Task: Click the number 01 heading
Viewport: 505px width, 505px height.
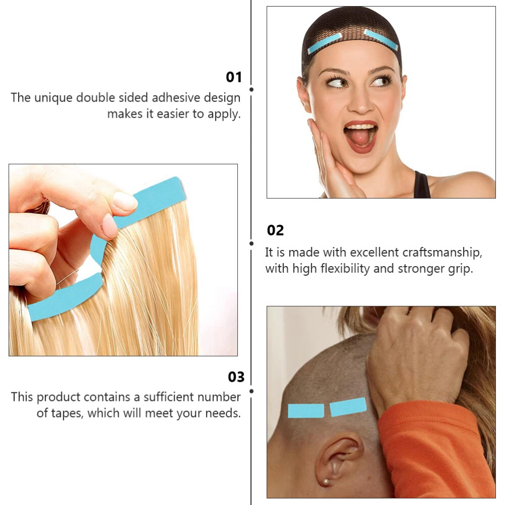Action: click(x=234, y=77)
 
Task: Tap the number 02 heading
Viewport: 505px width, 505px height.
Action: click(x=275, y=231)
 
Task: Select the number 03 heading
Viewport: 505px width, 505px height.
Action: click(x=236, y=377)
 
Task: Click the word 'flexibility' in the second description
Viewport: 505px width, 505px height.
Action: click(x=345, y=269)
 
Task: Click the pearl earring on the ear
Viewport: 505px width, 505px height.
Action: click(x=326, y=482)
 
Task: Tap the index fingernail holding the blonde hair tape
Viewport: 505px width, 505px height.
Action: click(x=125, y=200)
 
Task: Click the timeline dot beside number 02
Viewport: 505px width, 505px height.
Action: click(x=251, y=243)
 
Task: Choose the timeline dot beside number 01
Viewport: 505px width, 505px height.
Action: click(x=251, y=89)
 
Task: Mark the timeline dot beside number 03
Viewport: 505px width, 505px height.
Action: click(x=251, y=391)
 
